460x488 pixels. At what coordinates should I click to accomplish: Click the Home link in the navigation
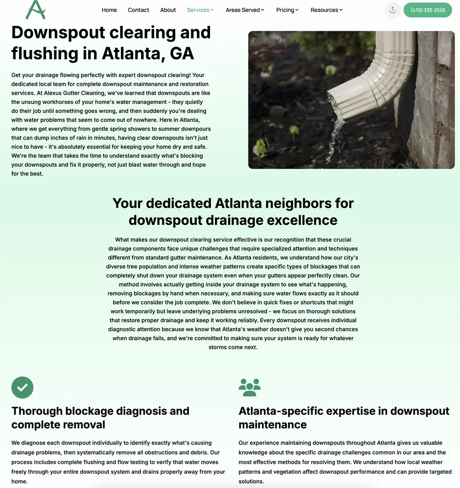(x=109, y=10)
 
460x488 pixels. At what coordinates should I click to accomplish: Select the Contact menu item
(x=138, y=10)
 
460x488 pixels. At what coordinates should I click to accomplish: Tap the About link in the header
(x=168, y=10)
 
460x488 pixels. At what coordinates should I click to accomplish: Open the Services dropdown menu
(x=200, y=10)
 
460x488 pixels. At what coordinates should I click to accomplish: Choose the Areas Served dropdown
(x=245, y=10)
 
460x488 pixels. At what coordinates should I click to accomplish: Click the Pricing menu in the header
(x=287, y=10)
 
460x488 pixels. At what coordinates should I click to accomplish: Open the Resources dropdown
(x=326, y=10)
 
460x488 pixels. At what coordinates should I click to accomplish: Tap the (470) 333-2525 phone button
(x=427, y=10)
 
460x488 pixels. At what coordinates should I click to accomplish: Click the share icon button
(x=392, y=10)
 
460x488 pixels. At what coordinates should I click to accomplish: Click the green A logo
(x=35, y=9)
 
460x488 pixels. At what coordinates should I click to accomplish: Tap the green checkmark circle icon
(x=23, y=388)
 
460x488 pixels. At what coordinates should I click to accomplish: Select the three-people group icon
(x=250, y=388)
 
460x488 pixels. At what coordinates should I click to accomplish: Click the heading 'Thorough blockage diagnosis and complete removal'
(x=100, y=417)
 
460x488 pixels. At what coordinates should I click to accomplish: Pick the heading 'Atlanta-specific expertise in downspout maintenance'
(x=344, y=417)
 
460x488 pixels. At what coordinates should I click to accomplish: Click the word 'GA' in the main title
(x=182, y=53)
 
